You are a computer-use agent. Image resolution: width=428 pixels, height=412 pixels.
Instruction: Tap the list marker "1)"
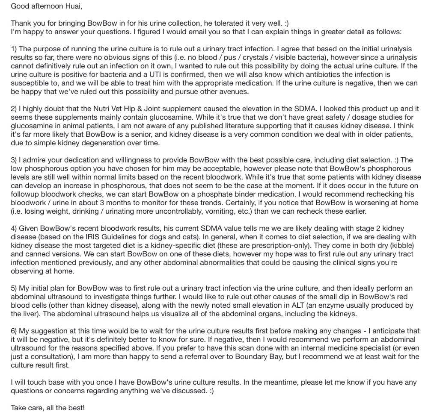coord(14,49)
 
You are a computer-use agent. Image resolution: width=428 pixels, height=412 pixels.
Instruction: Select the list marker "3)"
coord(14,160)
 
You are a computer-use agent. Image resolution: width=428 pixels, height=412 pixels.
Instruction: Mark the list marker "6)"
coord(14,331)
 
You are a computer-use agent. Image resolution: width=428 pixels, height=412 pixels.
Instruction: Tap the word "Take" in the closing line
coord(19,408)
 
